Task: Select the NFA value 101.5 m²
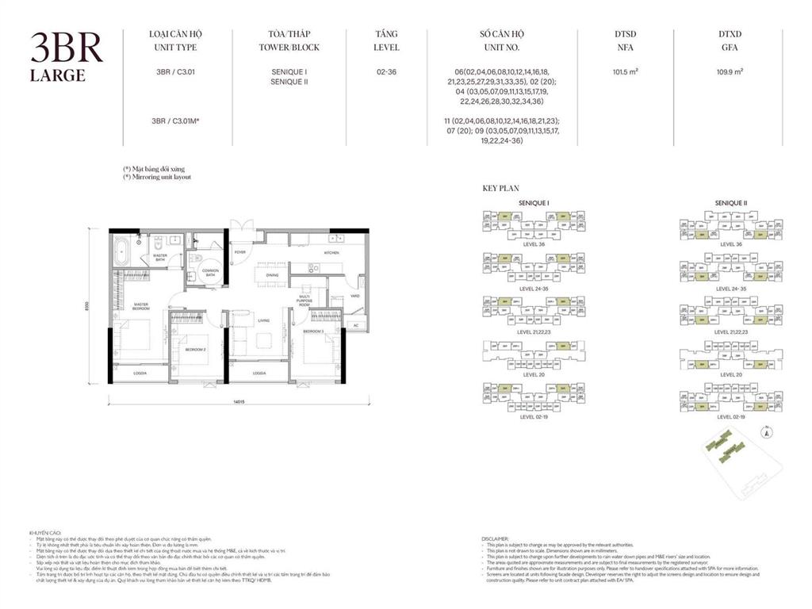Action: coord(626,71)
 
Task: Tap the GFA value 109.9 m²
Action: coord(730,71)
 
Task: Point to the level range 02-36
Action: coord(386,71)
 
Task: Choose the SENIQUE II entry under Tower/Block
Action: coord(289,82)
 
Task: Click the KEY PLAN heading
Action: coord(500,189)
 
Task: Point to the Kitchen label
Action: coord(331,253)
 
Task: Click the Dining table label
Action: coord(272,274)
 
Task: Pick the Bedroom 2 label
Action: coord(195,349)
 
